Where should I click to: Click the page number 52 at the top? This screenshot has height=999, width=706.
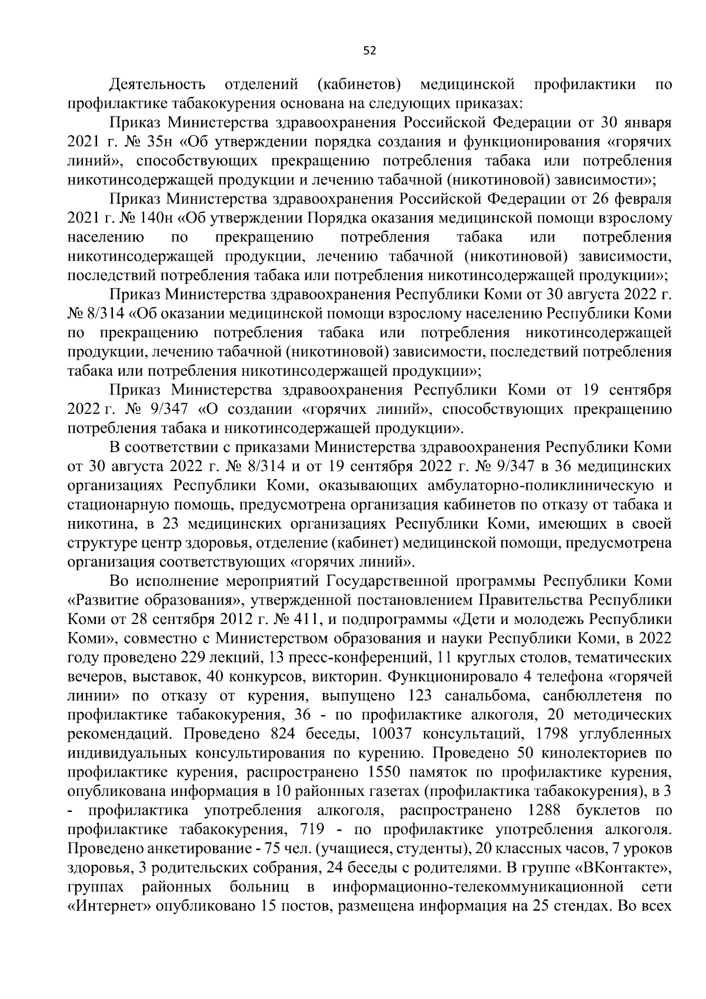click(369, 51)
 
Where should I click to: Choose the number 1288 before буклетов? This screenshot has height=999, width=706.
click(547, 811)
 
